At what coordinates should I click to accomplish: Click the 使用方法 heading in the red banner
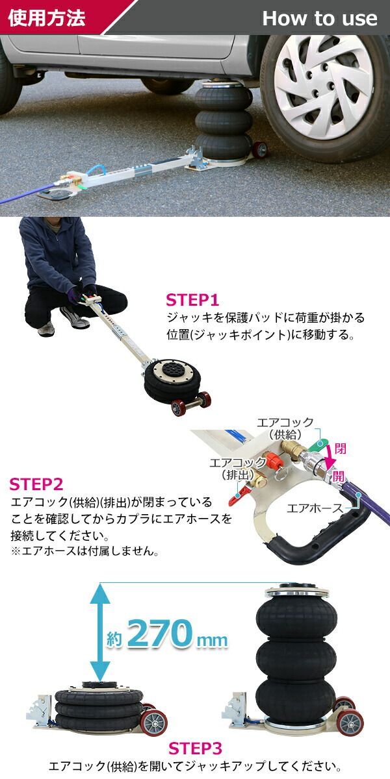click(x=47, y=18)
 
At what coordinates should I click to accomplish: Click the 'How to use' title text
click(x=319, y=18)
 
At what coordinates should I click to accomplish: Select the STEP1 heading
click(x=193, y=300)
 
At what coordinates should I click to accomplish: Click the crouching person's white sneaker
click(x=46, y=329)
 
